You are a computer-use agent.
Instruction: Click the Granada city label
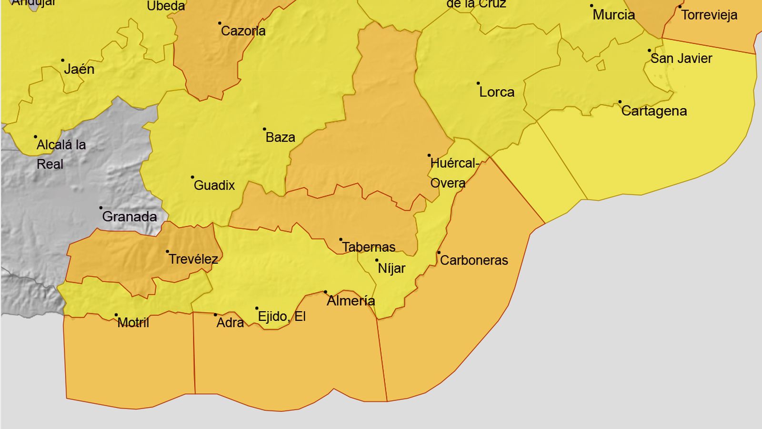(x=129, y=217)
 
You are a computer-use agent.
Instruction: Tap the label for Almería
(x=351, y=301)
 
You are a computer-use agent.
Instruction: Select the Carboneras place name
(x=473, y=260)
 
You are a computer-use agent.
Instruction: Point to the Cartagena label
(x=654, y=111)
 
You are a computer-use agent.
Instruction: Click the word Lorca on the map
(x=497, y=92)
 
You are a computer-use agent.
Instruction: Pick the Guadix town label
(x=214, y=185)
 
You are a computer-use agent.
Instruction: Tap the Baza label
(x=280, y=137)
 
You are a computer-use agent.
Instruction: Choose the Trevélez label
(x=193, y=259)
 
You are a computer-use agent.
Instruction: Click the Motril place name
(x=133, y=323)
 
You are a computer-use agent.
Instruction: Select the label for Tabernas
(x=369, y=247)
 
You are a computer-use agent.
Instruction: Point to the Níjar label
(x=391, y=268)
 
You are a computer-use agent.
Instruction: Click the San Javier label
(x=681, y=59)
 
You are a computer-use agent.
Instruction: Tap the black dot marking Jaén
(x=62, y=61)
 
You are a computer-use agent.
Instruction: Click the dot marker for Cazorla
(x=220, y=23)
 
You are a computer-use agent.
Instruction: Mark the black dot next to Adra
(x=215, y=315)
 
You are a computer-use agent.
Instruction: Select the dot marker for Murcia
(x=592, y=6)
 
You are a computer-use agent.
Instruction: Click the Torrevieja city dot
(x=680, y=7)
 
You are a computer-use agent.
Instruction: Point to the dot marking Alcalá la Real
(x=35, y=137)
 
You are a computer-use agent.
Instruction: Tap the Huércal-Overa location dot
(x=429, y=155)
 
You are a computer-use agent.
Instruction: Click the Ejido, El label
(x=281, y=317)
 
